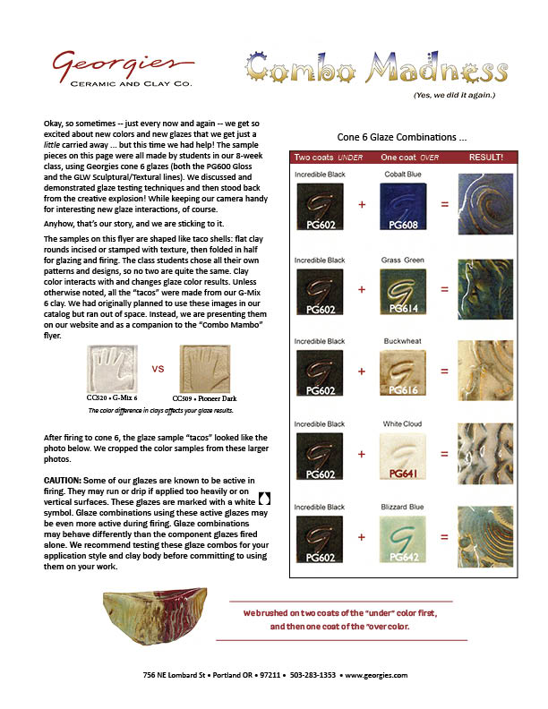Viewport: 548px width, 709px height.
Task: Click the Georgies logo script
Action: tap(121, 64)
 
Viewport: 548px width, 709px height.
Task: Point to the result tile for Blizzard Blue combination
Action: tap(484, 537)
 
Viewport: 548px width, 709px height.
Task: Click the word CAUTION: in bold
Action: tap(64, 481)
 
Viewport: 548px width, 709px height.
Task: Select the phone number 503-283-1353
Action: tap(314, 674)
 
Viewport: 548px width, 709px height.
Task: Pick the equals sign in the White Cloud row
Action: tap(442, 454)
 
